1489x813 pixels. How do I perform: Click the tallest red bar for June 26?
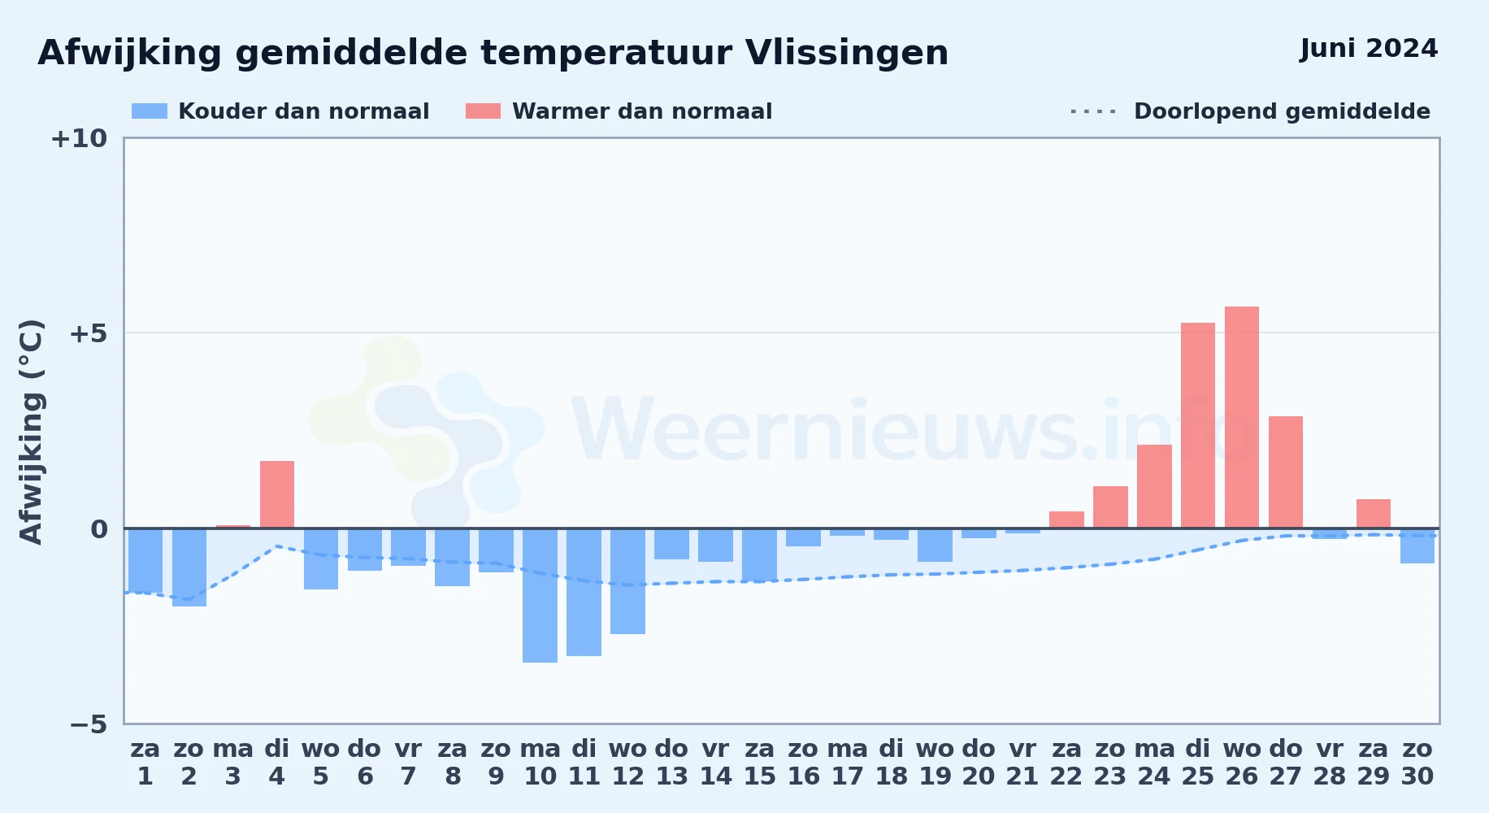(x=1241, y=417)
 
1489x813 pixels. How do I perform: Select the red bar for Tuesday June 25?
(x=1198, y=425)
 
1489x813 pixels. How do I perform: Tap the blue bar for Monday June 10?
(x=540, y=595)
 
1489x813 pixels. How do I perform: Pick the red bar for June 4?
(x=277, y=494)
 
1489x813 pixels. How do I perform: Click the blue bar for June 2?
(x=189, y=567)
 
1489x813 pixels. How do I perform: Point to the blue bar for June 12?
(x=627, y=581)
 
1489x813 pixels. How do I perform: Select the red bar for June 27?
(x=1286, y=472)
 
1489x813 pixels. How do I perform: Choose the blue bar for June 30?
(x=1417, y=546)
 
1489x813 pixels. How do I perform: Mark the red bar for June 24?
(x=1154, y=486)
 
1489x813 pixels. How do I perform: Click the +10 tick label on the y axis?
(x=79, y=138)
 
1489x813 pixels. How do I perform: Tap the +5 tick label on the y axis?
(x=88, y=333)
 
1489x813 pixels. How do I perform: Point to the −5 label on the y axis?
(x=88, y=724)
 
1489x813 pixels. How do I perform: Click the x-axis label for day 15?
(x=760, y=763)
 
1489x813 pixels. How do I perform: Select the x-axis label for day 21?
(x=1022, y=763)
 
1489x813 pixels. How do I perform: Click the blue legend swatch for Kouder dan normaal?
(x=150, y=111)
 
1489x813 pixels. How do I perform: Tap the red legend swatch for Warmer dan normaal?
(x=483, y=111)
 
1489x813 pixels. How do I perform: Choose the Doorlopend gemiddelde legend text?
(x=1282, y=111)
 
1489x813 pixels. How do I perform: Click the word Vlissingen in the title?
(x=846, y=54)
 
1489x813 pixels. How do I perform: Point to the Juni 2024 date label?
(x=1369, y=49)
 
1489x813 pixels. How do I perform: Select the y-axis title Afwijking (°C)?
(x=31, y=431)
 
